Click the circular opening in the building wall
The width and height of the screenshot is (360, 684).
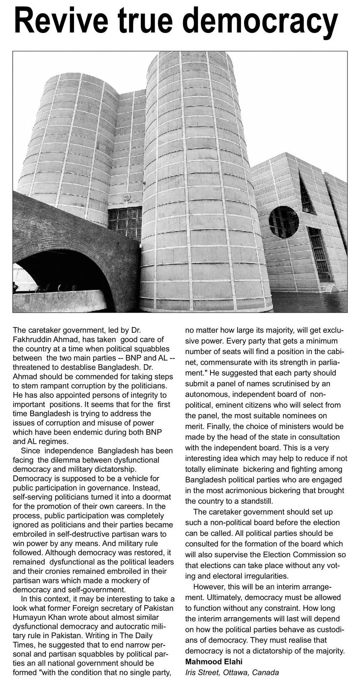pyautogui.click(x=283, y=222)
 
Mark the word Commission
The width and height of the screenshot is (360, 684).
pyautogui.click(x=306, y=554)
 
